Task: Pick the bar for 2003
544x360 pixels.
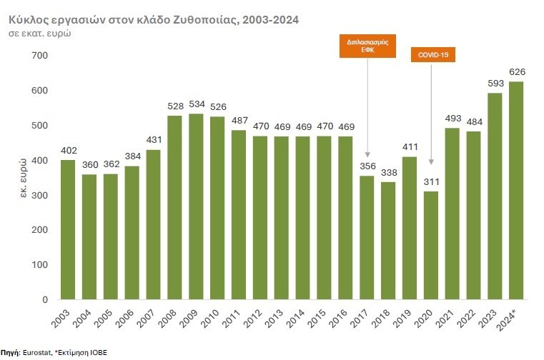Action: (68, 229)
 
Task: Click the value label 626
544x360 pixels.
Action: (516, 72)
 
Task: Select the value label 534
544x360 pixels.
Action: (196, 104)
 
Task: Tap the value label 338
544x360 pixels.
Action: (388, 173)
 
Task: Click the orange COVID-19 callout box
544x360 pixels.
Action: (432, 55)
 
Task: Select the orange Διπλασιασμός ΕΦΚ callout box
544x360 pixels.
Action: (367, 46)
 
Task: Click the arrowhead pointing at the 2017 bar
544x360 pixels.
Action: (367, 154)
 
